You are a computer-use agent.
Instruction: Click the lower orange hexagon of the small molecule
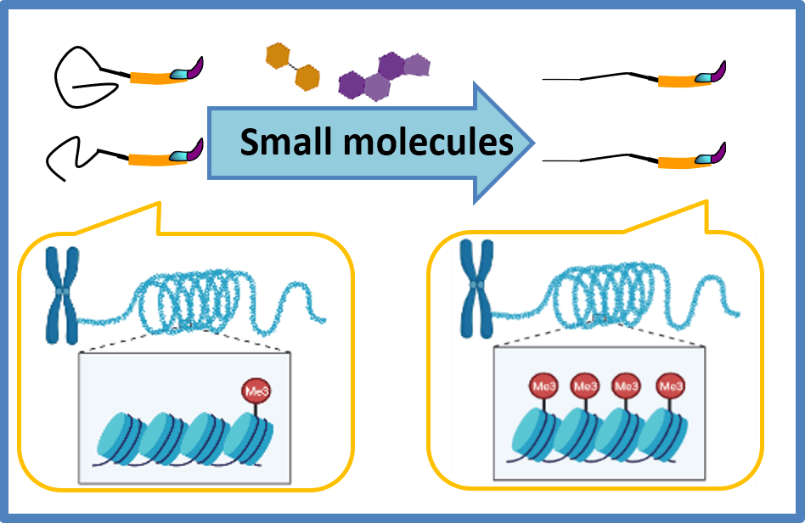(306, 80)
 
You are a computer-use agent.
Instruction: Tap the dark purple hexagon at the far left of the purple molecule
(350, 83)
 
